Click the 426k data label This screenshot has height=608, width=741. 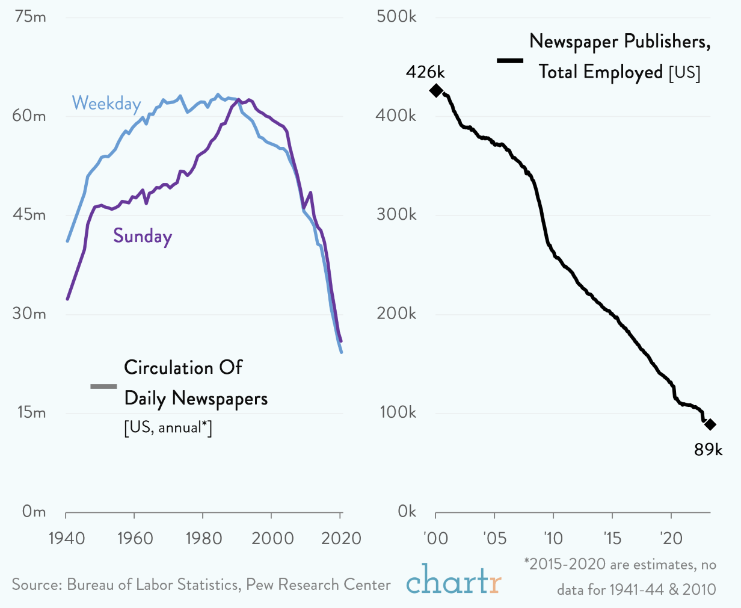click(x=425, y=72)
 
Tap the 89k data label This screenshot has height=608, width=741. click(x=708, y=449)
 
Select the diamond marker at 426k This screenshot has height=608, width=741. click(x=436, y=91)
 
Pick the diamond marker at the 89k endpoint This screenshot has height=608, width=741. click(x=710, y=424)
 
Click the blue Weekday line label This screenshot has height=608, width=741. click(x=106, y=104)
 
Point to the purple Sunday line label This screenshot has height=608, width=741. click(x=143, y=236)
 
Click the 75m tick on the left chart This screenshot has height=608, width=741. click(x=29, y=17)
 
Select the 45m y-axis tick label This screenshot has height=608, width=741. click(x=29, y=215)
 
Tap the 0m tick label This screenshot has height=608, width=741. click(x=34, y=512)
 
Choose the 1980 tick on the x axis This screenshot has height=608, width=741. click(x=203, y=538)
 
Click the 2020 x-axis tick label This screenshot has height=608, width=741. click(x=340, y=538)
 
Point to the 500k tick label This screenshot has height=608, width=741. click(x=396, y=17)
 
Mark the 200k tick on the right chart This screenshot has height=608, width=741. click(x=396, y=314)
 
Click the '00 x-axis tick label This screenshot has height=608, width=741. click(x=435, y=538)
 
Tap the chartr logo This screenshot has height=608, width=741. click(x=454, y=579)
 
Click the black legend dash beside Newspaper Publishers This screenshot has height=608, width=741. click(x=510, y=60)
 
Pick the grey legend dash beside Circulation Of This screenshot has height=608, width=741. click(x=103, y=386)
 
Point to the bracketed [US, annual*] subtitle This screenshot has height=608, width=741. click(x=168, y=428)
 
